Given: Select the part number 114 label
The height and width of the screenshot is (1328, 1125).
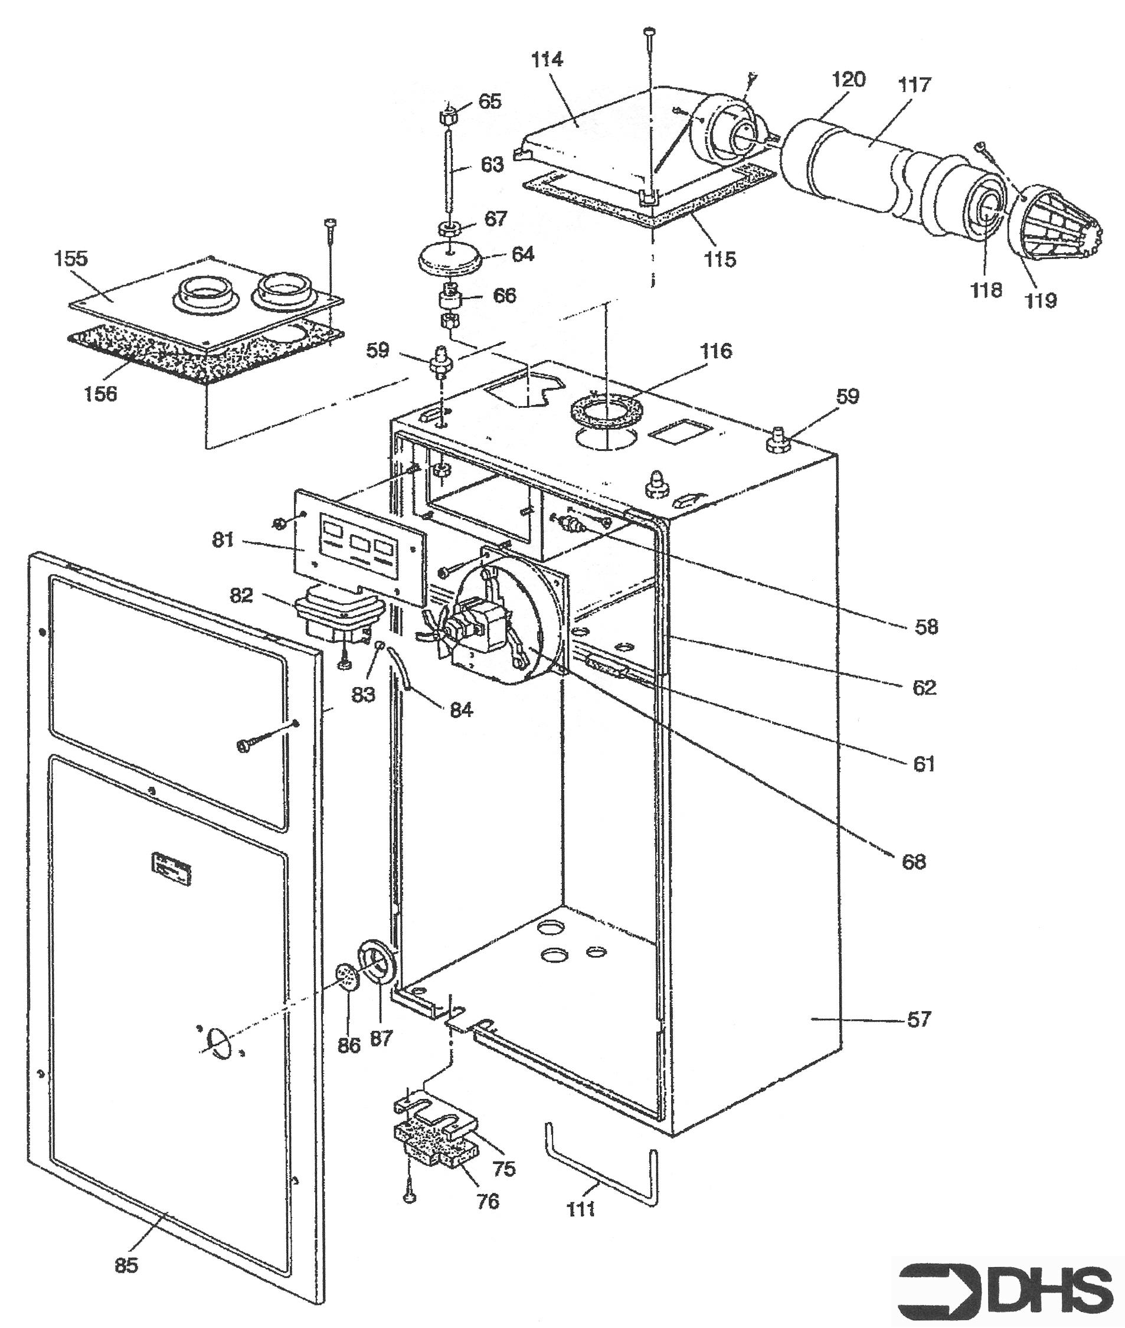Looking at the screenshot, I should (x=548, y=60).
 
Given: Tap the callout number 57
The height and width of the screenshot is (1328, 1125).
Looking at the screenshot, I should (x=918, y=1019).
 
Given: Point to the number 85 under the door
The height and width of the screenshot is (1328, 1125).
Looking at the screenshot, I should (x=126, y=1264).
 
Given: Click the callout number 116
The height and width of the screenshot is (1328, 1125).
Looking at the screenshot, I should (x=715, y=351).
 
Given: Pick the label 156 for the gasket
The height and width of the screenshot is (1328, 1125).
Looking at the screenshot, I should (x=101, y=394).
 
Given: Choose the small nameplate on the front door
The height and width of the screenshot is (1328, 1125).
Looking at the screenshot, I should (x=172, y=868).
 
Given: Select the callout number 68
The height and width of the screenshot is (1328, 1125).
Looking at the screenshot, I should (x=913, y=862).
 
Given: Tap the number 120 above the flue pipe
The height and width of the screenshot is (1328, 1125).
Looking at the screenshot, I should (x=848, y=80).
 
